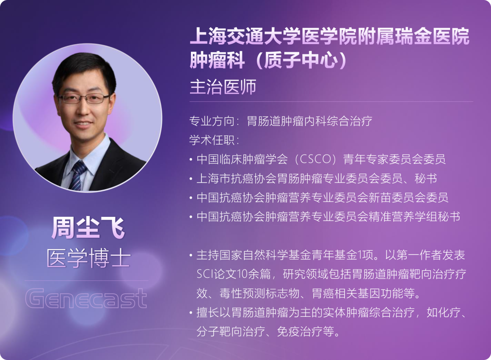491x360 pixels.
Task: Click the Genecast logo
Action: tap(86, 298)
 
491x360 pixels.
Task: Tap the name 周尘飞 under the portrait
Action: tap(88, 228)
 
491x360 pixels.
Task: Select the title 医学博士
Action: tap(88, 258)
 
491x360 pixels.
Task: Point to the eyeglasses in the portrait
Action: tap(83, 98)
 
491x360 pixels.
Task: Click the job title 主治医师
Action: tap(223, 87)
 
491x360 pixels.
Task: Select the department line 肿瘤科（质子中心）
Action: tap(268, 60)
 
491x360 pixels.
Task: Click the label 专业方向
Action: tap(212, 121)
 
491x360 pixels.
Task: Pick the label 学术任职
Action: tap(212, 140)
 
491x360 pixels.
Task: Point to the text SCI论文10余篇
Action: tap(234, 274)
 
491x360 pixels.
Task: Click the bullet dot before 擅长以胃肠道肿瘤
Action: tap(190, 313)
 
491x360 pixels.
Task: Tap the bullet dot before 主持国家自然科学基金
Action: tap(190, 255)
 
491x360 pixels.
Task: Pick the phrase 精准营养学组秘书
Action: tap(414, 217)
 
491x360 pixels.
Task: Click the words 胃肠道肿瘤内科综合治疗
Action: tap(310, 121)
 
